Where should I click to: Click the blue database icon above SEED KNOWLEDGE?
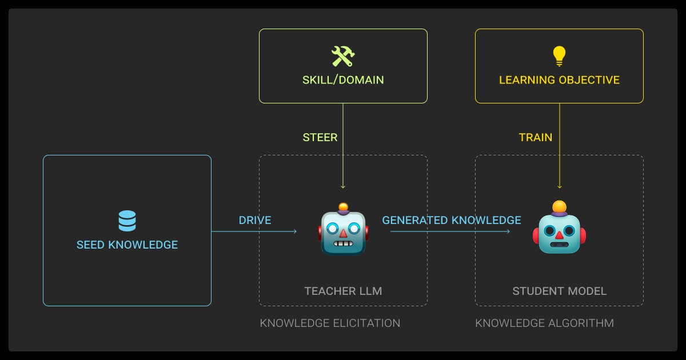pos(127,221)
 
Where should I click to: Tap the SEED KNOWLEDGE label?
pos(127,245)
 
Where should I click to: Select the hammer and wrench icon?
pos(343,56)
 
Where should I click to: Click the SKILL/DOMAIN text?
pos(343,80)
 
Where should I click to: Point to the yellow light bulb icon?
pos(559,55)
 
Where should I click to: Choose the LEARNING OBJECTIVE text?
pos(559,80)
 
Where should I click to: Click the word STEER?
pos(320,137)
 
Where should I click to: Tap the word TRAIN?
pos(536,137)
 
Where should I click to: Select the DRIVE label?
pos(255,220)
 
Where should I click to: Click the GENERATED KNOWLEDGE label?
pos(452,220)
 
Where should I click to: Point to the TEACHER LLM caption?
pos(343,291)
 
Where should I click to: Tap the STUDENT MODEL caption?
pos(559,291)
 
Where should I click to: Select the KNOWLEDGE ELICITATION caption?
pos(330,323)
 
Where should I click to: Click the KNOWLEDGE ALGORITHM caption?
pos(544,323)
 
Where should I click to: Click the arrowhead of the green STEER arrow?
pos(343,186)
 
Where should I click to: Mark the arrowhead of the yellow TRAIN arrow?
pos(559,186)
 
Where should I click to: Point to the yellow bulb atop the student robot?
pos(559,206)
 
